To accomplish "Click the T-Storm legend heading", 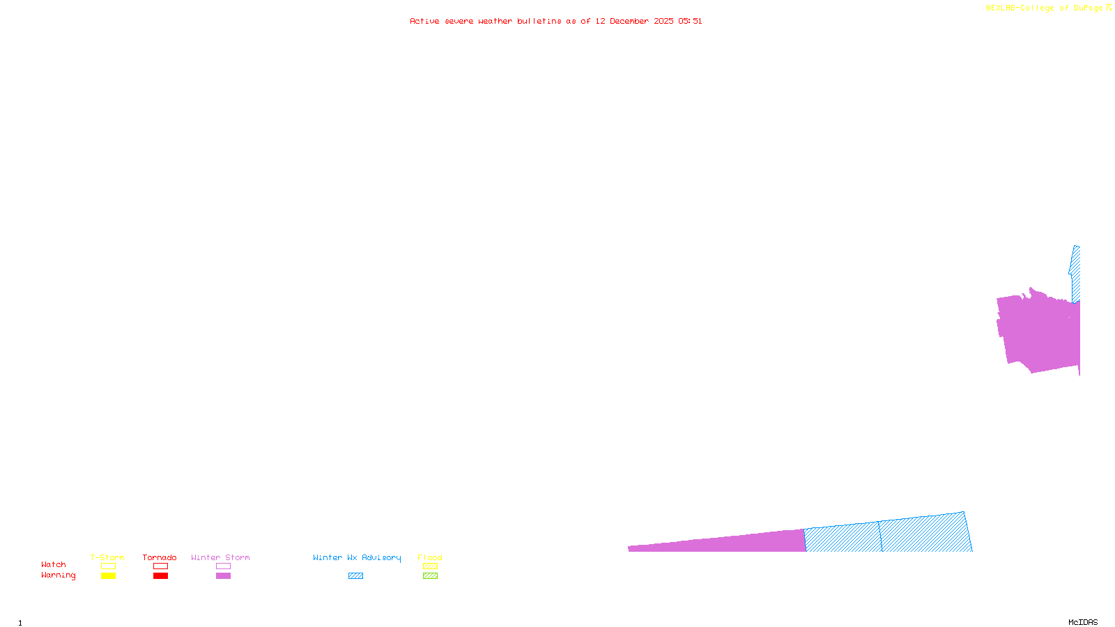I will coord(107,557).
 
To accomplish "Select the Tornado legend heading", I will coord(160,557).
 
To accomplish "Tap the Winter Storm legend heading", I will coord(220,557).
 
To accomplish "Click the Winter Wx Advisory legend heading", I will coord(357,557).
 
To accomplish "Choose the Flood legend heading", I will coord(430,557).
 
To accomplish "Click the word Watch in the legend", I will coord(54,564).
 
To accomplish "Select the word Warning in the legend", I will coord(58,575).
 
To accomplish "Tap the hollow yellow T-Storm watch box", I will coord(108,566).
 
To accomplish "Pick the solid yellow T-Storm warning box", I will coord(108,576).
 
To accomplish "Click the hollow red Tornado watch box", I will coord(160,566).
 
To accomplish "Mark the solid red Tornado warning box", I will coord(160,576).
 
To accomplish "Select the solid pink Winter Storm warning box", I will coord(223,576).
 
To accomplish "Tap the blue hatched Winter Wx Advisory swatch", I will coord(355,576).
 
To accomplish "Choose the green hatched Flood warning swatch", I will coord(430,576).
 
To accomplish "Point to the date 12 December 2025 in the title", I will coord(634,21).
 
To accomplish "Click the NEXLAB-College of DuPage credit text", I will coord(1045,8).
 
